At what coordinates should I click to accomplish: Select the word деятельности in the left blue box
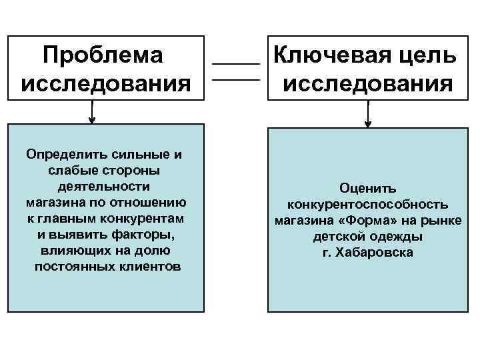point(104,186)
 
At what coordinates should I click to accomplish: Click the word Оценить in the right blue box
point(367,189)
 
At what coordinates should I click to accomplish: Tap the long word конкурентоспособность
point(367,205)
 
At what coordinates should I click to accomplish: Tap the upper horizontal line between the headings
point(235,63)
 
